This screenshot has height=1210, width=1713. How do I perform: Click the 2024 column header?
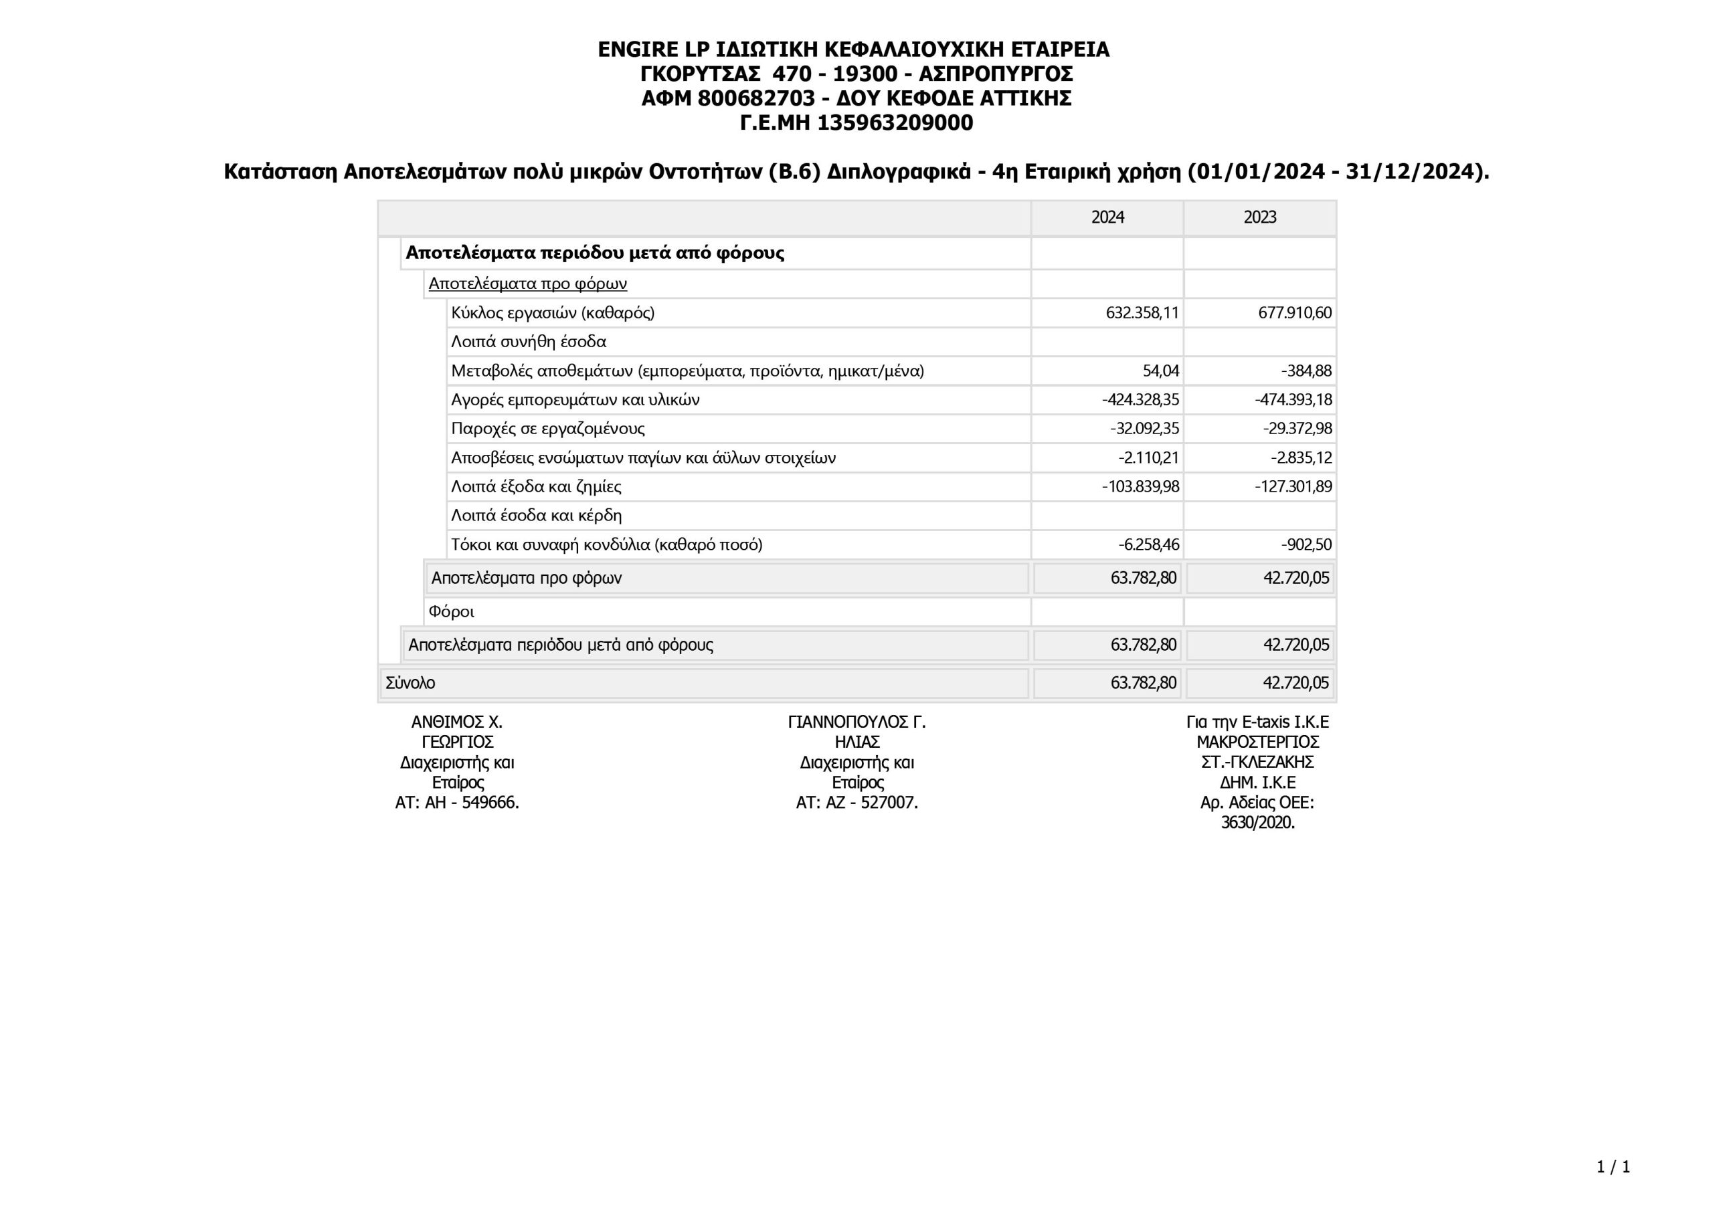click(1107, 217)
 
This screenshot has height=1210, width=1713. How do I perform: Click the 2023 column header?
click(1259, 217)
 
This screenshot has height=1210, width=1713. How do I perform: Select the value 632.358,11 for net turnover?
click(1142, 312)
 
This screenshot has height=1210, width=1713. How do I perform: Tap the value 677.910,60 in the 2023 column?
click(1294, 312)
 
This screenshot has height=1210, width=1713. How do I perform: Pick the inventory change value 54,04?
click(1160, 371)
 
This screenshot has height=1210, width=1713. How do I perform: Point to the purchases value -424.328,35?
click(1140, 400)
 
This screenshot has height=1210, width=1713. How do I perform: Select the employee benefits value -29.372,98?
click(1297, 429)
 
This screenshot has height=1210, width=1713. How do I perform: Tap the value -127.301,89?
click(1293, 487)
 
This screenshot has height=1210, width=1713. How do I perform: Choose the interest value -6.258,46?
click(1148, 544)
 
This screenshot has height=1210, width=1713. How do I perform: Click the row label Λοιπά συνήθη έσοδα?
click(528, 342)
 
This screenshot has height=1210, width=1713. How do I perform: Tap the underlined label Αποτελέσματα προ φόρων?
click(527, 284)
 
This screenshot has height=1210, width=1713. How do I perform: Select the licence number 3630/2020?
click(1257, 823)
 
